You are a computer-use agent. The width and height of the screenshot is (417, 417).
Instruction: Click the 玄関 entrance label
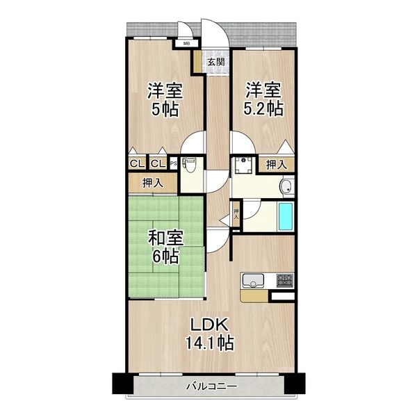point(216,61)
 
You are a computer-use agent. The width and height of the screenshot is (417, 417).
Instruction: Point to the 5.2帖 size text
point(263,109)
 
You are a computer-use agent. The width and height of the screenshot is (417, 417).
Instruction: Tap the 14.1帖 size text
point(209,343)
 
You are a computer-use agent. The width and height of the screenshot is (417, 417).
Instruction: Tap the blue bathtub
point(286,217)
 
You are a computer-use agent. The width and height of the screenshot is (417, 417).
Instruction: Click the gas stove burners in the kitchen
point(284,281)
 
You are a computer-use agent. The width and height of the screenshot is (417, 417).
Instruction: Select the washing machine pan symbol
point(244,164)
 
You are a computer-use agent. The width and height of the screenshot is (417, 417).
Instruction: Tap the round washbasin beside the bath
point(285,186)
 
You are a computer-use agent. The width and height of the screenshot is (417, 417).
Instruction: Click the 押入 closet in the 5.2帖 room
point(277,165)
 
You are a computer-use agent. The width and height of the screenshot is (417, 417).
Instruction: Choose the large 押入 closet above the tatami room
point(152,183)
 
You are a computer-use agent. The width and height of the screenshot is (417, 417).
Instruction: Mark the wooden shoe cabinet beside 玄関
point(198,61)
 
